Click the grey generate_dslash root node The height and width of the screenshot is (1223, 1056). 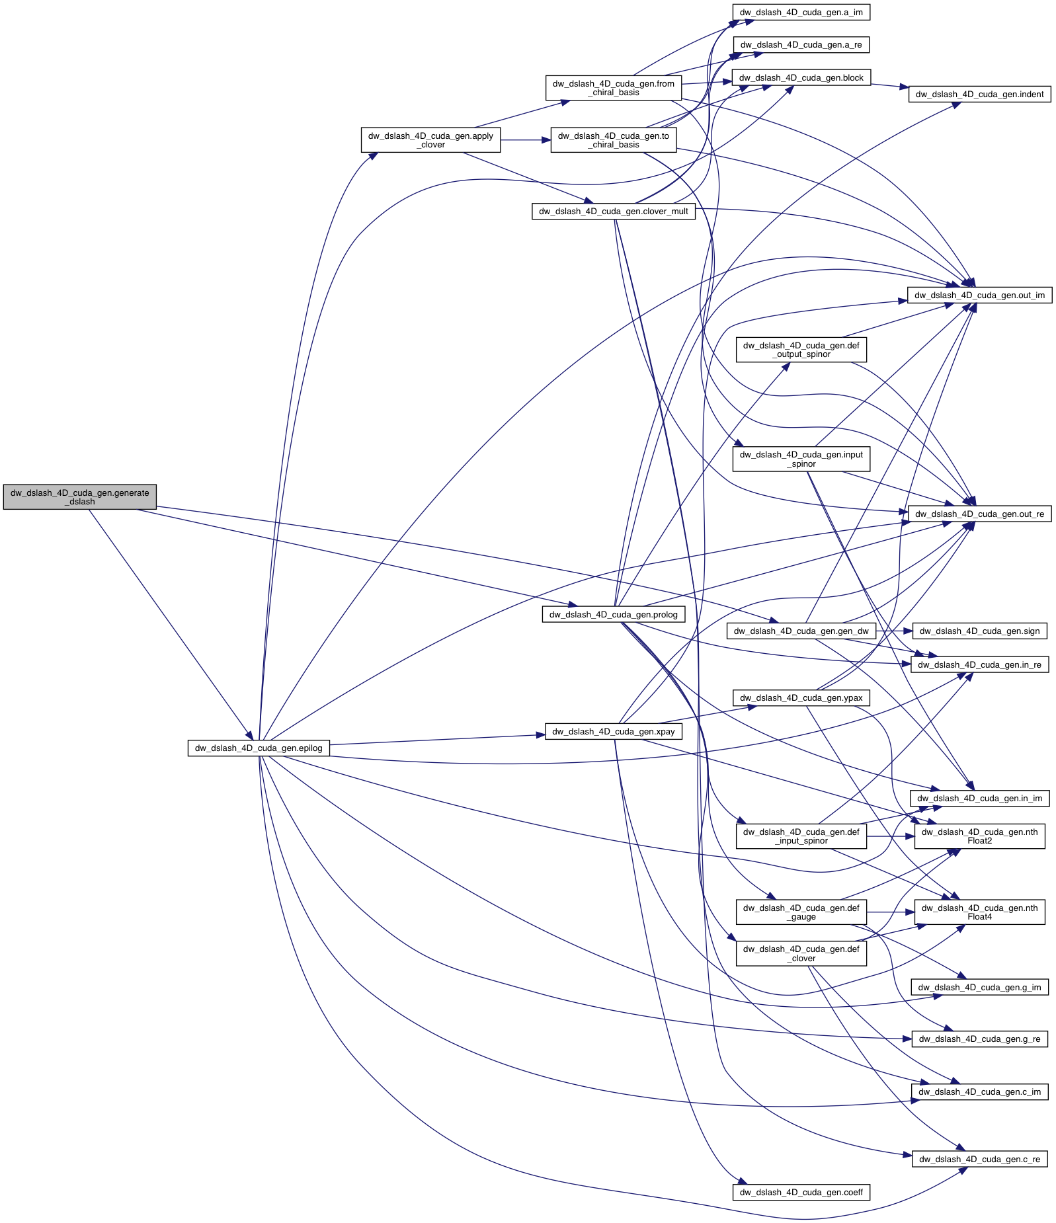tap(79, 497)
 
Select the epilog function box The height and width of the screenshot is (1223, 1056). tap(258, 748)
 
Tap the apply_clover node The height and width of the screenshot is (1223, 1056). tap(430, 140)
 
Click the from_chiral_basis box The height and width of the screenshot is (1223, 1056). tap(613, 88)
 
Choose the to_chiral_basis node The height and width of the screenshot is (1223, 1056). tap(613, 140)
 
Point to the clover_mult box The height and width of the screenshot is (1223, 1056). tap(613, 212)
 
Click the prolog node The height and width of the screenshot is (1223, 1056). tap(613, 615)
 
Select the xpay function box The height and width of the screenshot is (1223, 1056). tap(613, 731)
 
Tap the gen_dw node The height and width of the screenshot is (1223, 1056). tap(801, 631)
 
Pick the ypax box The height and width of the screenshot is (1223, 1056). tap(801, 697)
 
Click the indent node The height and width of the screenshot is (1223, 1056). tap(979, 95)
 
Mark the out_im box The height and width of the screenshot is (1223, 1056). tap(979, 295)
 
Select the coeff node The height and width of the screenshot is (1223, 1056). tap(801, 1192)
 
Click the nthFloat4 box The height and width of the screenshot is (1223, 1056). tap(979, 912)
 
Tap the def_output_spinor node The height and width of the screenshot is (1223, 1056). tap(801, 350)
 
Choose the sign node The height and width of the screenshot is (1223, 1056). tap(979, 631)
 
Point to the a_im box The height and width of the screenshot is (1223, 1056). tap(801, 13)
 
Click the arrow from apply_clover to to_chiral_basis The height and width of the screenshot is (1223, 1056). tap(526, 140)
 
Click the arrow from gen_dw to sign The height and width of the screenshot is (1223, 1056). tap(894, 631)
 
